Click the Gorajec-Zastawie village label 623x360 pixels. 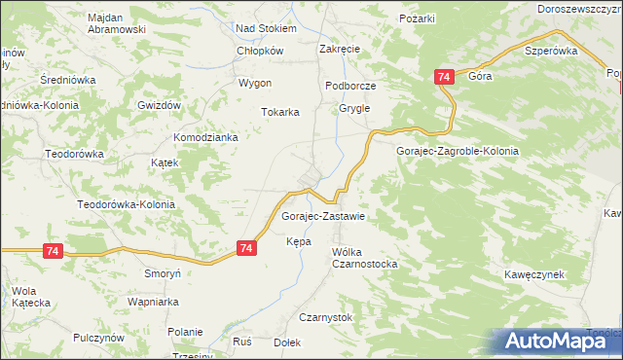pyautogui.click(x=322, y=216)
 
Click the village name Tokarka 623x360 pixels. pyautogui.click(x=279, y=112)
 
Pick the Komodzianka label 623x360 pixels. pyautogui.click(x=206, y=138)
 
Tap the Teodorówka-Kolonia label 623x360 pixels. pyautogui.click(x=127, y=205)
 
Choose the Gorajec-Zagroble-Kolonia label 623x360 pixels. pyautogui.click(x=458, y=152)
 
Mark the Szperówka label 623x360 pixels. pyautogui.click(x=551, y=51)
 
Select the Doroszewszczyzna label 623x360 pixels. pyautogui.click(x=579, y=8)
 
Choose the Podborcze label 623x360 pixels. pyautogui.click(x=350, y=86)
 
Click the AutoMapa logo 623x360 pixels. pyautogui.click(x=552, y=341)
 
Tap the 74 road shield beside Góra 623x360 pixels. pyautogui.click(x=444, y=77)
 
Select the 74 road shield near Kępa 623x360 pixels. pyautogui.click(x=247, y=249)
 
